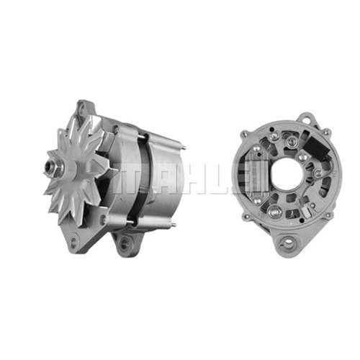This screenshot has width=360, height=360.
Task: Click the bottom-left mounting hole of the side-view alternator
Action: (x=73, y=240)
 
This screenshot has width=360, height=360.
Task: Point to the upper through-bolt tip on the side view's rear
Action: (x=184, y=148)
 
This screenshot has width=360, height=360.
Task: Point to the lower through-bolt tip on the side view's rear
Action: (x=174, y=225)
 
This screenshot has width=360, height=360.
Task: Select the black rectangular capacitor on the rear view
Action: (x=318, y=146)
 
